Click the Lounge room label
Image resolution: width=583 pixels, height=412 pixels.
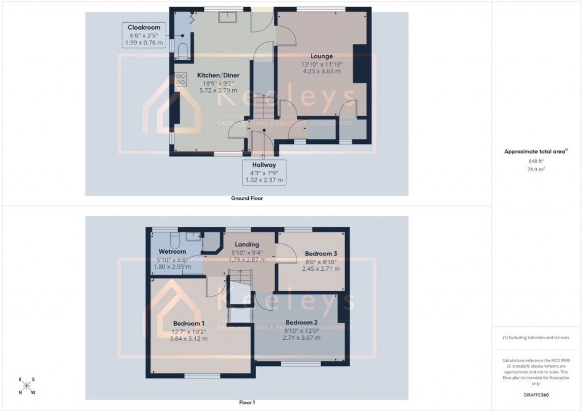pyautogui.click(x=322, y=56)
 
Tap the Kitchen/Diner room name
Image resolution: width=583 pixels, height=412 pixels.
pyautogui.click(x=218, y=75)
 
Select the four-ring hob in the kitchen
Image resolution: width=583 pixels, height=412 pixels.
pyautogui.click(x=181, y=79)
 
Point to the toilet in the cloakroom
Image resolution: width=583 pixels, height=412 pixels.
pyautogui.click(x=183, y=53)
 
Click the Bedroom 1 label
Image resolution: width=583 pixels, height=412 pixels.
pyautogui.click(x=188, y=323)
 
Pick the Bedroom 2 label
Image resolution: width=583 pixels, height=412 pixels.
pyautogui.click(x=301, y=322)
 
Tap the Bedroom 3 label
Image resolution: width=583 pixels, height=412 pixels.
pyautogui.click(x=321, y=253)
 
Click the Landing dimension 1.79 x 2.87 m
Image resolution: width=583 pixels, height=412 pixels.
pyautogui.click(x=247, y=259)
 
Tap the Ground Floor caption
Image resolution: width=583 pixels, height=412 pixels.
pyautogui.click(x=247, y=199)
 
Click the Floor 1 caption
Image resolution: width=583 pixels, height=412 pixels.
pyautogui.click(x=247, y=403)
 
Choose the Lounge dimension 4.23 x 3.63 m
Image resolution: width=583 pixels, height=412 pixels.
pyautogui.click(x=322, y=71)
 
